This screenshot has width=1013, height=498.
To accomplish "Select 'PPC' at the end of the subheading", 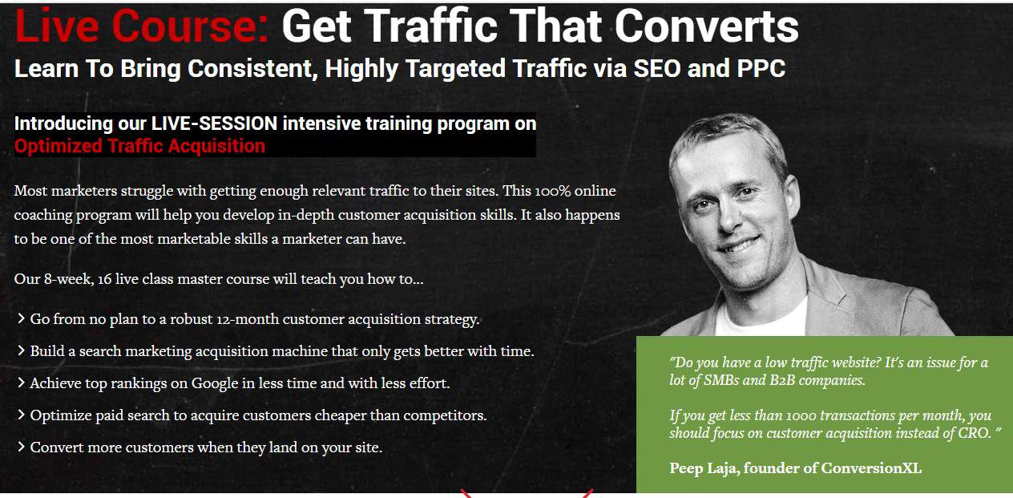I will (761, 69).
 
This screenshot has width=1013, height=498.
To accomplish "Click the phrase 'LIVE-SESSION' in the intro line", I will (214, 123).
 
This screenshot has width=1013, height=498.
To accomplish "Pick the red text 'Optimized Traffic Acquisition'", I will (139, 146).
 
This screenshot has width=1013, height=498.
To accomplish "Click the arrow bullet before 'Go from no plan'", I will (20, 318).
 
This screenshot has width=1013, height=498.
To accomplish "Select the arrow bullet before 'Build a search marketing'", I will (20, 350).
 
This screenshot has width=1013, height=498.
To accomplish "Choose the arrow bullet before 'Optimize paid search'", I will (20, 415).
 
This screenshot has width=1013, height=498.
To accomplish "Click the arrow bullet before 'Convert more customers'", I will (20, 447).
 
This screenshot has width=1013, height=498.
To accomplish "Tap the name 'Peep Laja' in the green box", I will (703, 468).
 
